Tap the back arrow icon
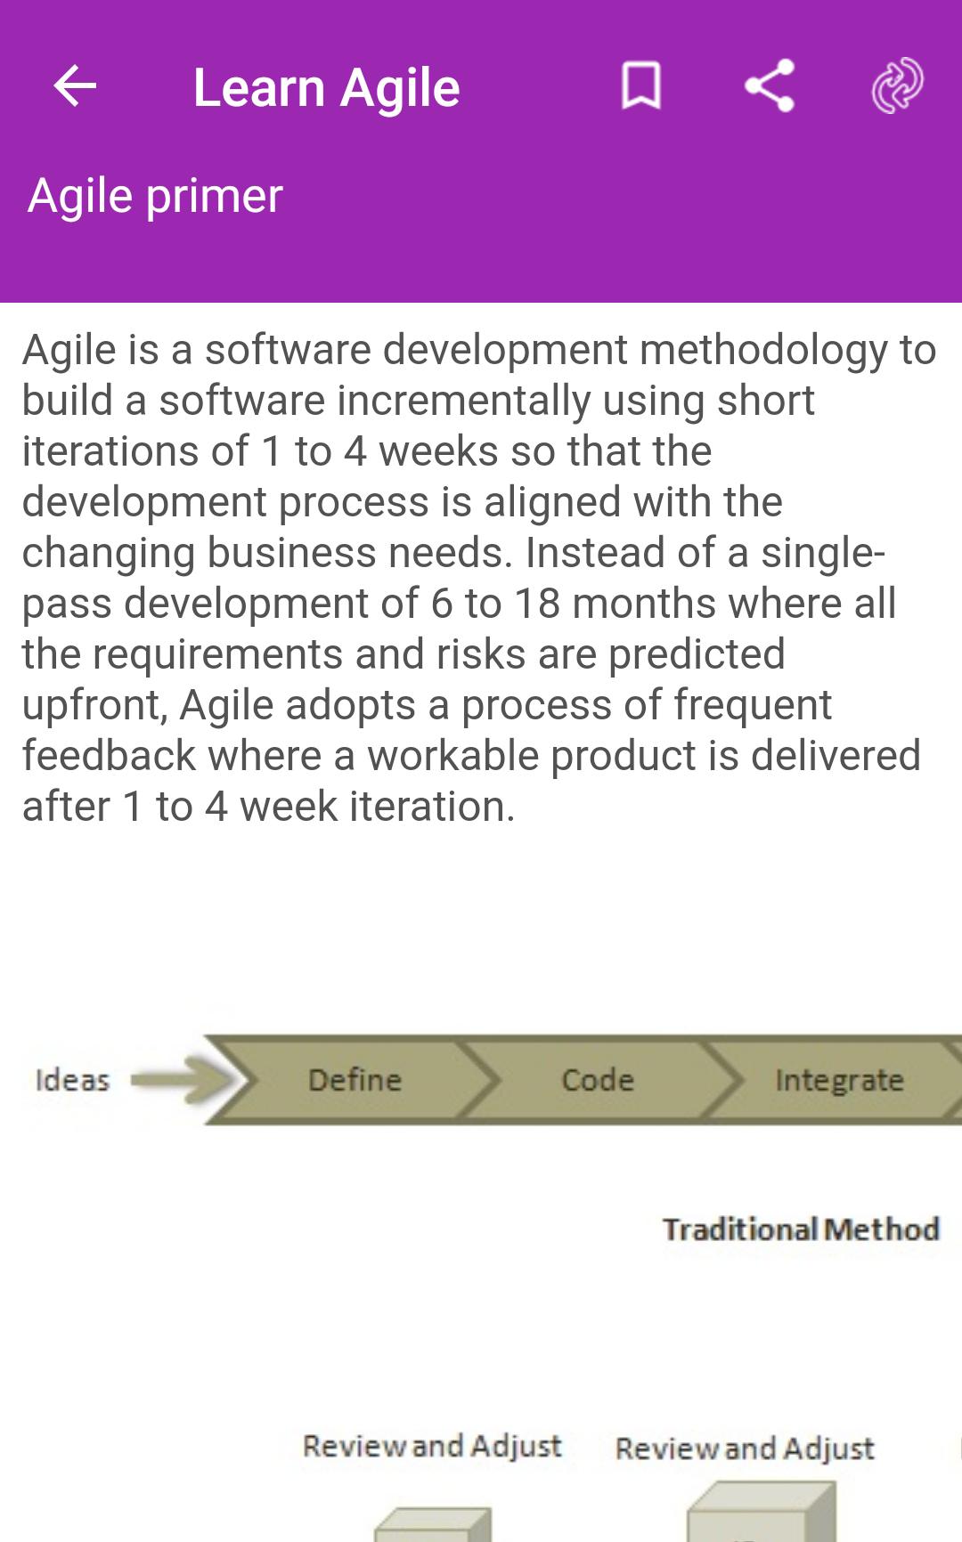75,86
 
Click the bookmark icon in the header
640,86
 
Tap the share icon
769,85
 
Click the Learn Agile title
326,87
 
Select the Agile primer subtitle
155,196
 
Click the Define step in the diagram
355,1079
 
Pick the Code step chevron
598,1079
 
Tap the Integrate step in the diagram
839,1079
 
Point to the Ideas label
72,1080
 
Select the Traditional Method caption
801,1229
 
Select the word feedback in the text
109,756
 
